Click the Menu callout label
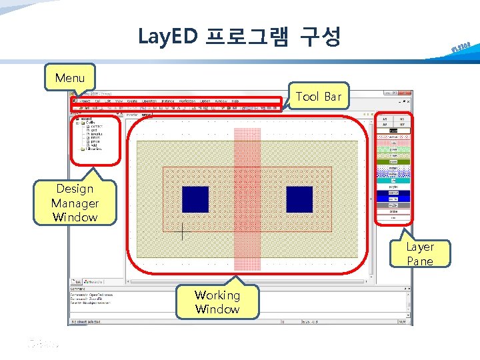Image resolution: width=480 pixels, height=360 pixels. click(x=70, y=78)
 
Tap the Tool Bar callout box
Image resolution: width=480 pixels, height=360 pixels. click(x=318, y=97)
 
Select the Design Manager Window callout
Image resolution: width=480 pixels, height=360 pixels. click(x=75, y=203)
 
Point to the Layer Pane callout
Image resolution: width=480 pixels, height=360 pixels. click(x=420, y=254)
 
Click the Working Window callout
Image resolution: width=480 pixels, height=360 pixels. click(x=217, y=301)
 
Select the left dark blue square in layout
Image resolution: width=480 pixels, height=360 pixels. click(x=195, y=199)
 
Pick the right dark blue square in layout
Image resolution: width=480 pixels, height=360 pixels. click(x=299, y=199)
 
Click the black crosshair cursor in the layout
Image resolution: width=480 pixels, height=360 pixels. click(x=182, y=231)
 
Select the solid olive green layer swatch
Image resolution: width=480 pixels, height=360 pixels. click(x=393, y=161)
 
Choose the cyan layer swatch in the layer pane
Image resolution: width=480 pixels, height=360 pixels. click(x=393, y=180)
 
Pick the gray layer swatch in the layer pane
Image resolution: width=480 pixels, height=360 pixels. click(x=393, y=205)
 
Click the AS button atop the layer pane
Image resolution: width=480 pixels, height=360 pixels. click(x=385, y=117)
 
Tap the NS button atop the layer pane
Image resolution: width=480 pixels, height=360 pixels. click(x=402, y=117)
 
